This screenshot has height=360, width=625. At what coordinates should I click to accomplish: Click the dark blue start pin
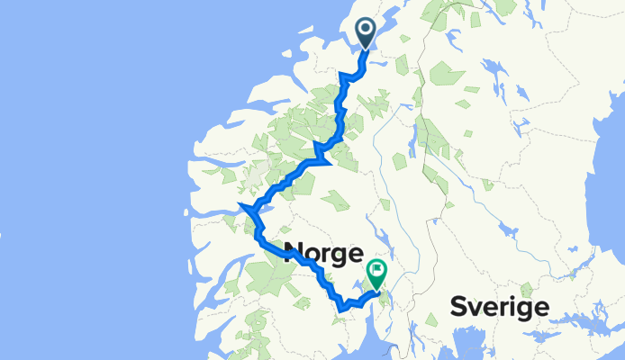click(x=367, y=34)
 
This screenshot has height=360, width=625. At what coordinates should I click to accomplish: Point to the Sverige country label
click(x=499, y=308)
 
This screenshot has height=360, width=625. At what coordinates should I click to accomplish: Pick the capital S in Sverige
click(x=458, y=308)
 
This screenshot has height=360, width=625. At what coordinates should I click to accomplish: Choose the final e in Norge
click(x=354, y=252)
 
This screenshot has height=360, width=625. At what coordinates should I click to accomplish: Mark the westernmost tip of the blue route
click(x=240, y=209)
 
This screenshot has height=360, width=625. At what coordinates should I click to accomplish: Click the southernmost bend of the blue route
click(x=342, y=310)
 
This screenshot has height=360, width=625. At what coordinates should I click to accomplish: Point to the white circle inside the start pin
click(x=367, y=29)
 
